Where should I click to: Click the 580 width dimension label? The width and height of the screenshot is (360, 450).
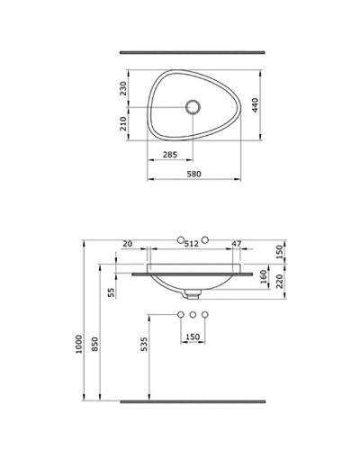(x=193, y=174)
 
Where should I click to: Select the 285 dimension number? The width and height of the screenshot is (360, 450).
(x=170, y=155)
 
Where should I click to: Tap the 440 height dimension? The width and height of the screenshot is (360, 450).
(x=255, y=105)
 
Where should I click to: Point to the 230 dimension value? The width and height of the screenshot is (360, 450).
(x=123, y=88)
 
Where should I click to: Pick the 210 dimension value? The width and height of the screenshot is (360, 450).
(x=123, y=123)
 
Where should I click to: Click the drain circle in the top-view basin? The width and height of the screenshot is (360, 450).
(x=193, y=107)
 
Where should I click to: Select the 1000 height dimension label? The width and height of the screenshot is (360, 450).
(x=78, y=344)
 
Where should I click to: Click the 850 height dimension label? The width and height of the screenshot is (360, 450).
(x=94, y=344)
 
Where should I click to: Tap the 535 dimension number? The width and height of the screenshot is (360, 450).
(x=144, y=344)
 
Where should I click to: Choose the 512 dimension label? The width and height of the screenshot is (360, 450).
(x=192, y=244)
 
